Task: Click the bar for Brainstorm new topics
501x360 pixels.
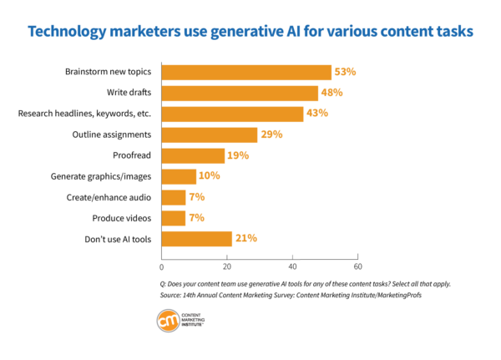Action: pyautogui.click(x=246, y=72)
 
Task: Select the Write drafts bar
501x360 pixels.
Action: pyautogui.click(x=239, y=93)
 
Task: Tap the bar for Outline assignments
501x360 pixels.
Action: pyautogui.click(x=209, y=134)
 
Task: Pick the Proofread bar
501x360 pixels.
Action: pyautogui.click(x=193, y=155)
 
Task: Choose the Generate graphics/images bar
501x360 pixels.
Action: pyautogui.click(x=178, y=176)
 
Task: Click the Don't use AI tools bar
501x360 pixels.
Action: pyautogui.click(x=196, y=239)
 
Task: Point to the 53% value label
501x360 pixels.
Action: pyautogui.click(x=344, y=72)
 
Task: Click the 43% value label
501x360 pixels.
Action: pyautogui.click(x=316, y=114)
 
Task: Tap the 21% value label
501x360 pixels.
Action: pyautogui.click(x=245, y=239)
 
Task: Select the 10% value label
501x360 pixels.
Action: pyautogui.click(x=209, y=176)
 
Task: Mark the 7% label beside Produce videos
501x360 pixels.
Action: pyautogui.click(x=196, y=218)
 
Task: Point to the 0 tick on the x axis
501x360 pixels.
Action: pyautogui.click(x=161, y=267)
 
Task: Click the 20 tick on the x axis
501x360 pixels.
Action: pyautogui.click(x=226, y=267)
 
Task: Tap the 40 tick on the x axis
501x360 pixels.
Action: pyautogui.click(x=292, y=267)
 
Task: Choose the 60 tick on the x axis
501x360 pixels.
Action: pyautogui.click(x=357, y=267)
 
